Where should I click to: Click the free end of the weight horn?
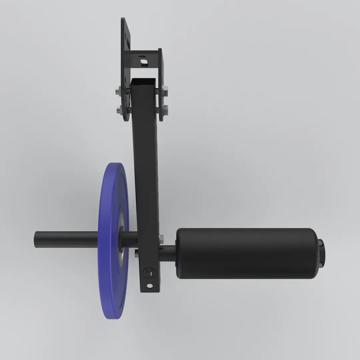pyautogui.click(x=37, y=238)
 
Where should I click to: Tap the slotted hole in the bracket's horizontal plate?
pyautogui.click(x=144, y=62)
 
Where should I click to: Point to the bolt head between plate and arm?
pyautogui.click(x=137, y=253)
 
